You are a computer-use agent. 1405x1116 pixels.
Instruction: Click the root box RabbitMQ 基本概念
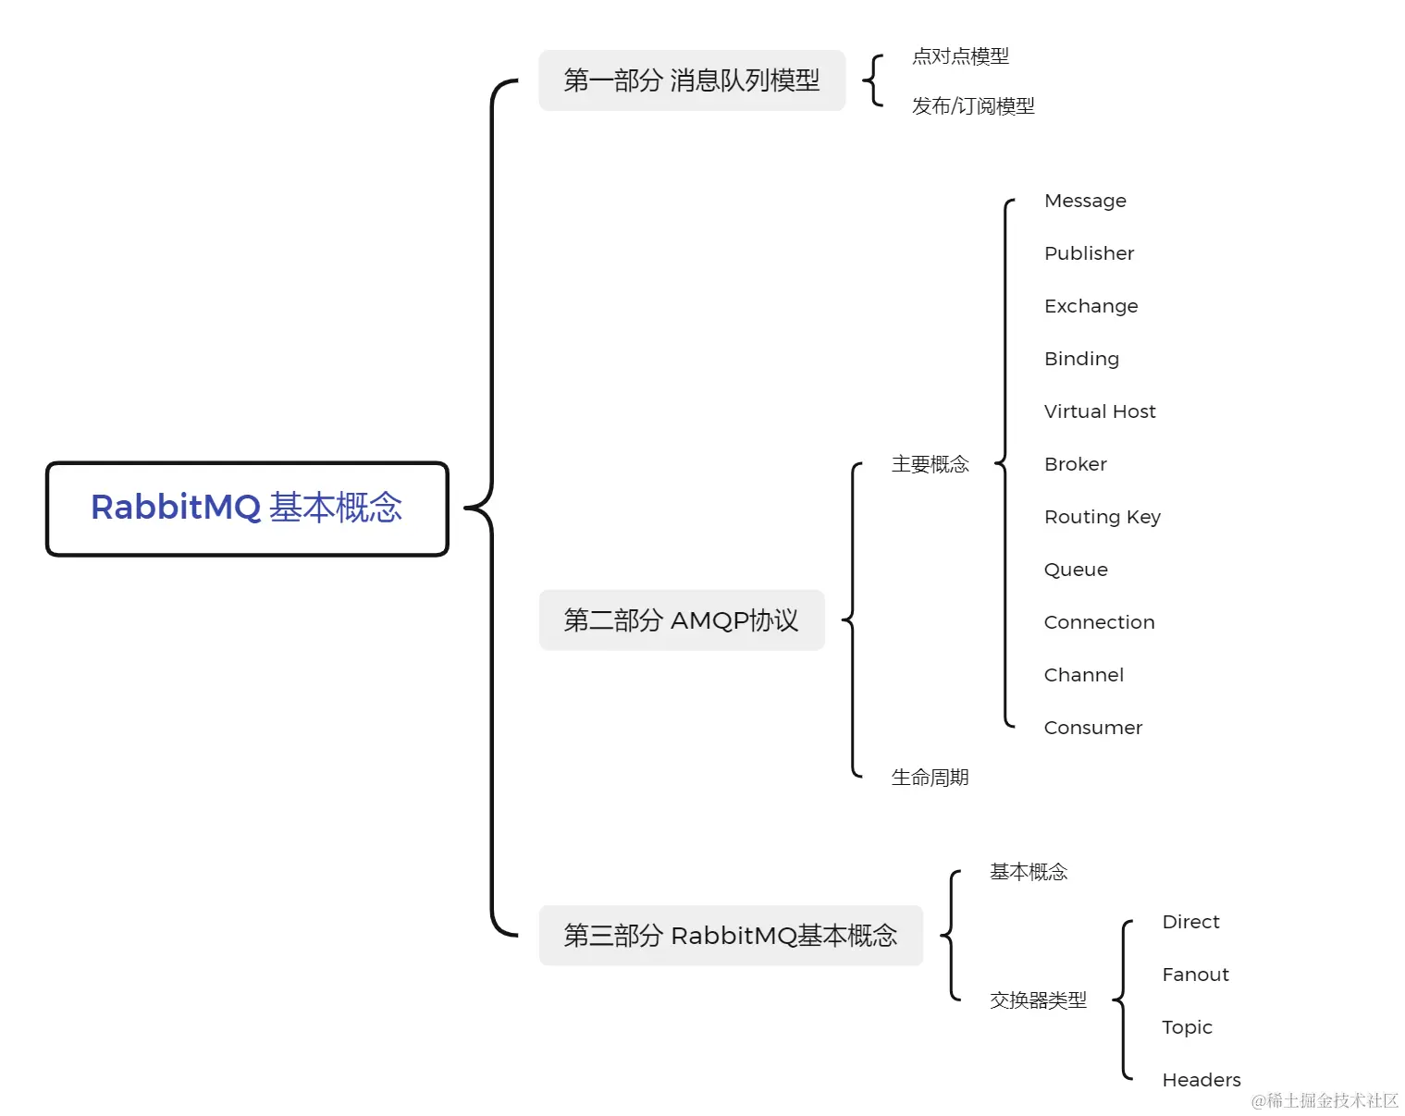tap(247, 509)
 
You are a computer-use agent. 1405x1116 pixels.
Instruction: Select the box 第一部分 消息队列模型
tap(692, 80)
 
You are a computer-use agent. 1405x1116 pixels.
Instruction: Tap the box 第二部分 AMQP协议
tap(682, 620)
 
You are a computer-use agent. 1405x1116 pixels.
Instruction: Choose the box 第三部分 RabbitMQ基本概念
tap(731, 936)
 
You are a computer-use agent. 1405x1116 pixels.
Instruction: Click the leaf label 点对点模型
tap(960, 56)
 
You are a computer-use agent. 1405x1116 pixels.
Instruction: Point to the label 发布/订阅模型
tap(973, 106)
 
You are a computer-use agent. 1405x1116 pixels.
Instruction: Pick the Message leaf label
tap(1085, 201)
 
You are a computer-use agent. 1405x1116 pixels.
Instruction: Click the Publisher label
tap(1089, 253)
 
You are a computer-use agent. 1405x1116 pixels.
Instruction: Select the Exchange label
tap(1091, 306)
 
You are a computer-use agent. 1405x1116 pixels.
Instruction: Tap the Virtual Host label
tap(1100, 411)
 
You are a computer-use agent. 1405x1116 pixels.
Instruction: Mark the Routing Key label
tap(1102, 517)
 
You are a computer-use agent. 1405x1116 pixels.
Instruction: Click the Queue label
tap(1076, 570)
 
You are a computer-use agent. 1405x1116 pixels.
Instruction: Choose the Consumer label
tap(1092, 728)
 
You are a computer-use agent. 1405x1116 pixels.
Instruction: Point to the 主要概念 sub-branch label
tap(930, 464)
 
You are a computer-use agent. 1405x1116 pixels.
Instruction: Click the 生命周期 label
tap(930, 778)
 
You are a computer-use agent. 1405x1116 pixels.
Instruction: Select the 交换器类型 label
tap(1038, 1000)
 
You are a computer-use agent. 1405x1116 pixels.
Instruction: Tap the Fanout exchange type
tap(1195, 975)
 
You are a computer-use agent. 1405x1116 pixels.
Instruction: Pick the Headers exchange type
tap(1201, 1080)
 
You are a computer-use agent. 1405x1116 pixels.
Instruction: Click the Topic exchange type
tap(1187, 1027)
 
